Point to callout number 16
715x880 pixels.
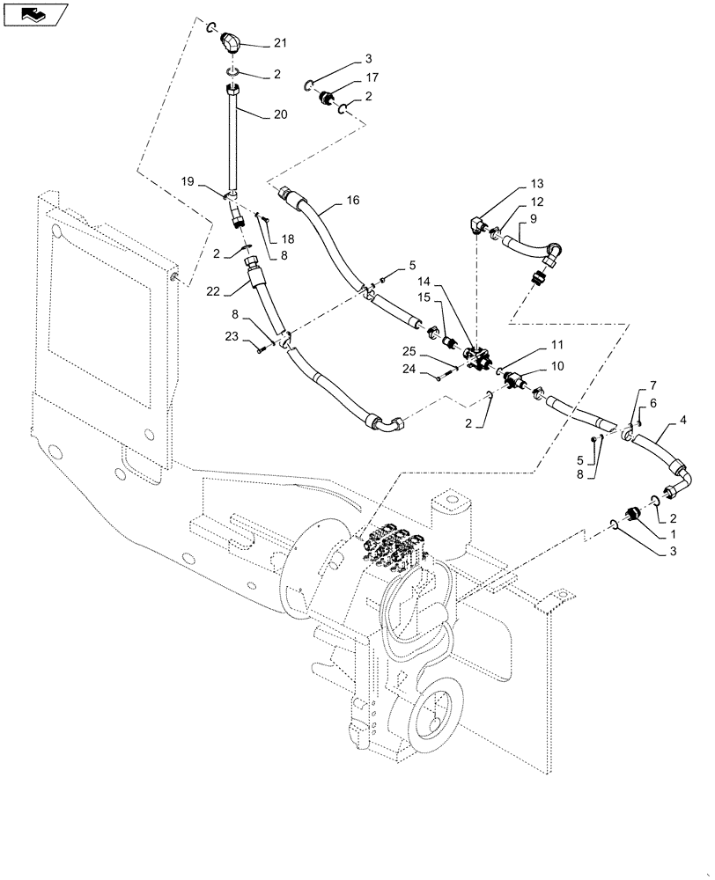352,201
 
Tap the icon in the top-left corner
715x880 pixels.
34,15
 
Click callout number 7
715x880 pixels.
652,386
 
